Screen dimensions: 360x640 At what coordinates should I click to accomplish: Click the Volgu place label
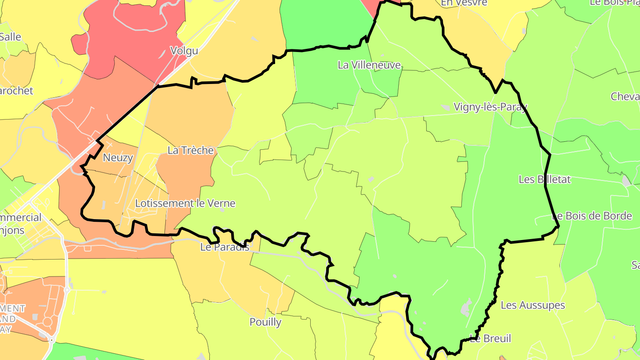[184, 51]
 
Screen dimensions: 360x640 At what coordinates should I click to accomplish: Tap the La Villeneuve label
[369, 65]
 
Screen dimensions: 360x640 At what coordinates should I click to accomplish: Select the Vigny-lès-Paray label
[490, 107]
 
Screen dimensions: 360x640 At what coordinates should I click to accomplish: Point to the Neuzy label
[118, 158]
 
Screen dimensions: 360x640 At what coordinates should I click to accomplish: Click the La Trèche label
[191, 151]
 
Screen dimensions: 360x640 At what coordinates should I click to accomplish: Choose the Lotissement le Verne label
[185, 204]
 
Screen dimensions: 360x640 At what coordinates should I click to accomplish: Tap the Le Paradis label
[225, 247]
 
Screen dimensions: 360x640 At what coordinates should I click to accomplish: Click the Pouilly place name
[265, 322]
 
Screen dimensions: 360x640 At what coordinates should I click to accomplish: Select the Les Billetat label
[544, 180]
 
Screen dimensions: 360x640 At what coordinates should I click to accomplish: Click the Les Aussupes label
[532, 305]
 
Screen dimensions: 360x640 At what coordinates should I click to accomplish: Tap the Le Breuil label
[491, 339]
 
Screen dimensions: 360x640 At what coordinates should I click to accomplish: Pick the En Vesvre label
[464, 3]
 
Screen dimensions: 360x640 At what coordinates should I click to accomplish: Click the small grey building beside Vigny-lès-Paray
[445, 108]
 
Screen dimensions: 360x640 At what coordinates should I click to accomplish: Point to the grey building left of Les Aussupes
[466, 307]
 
